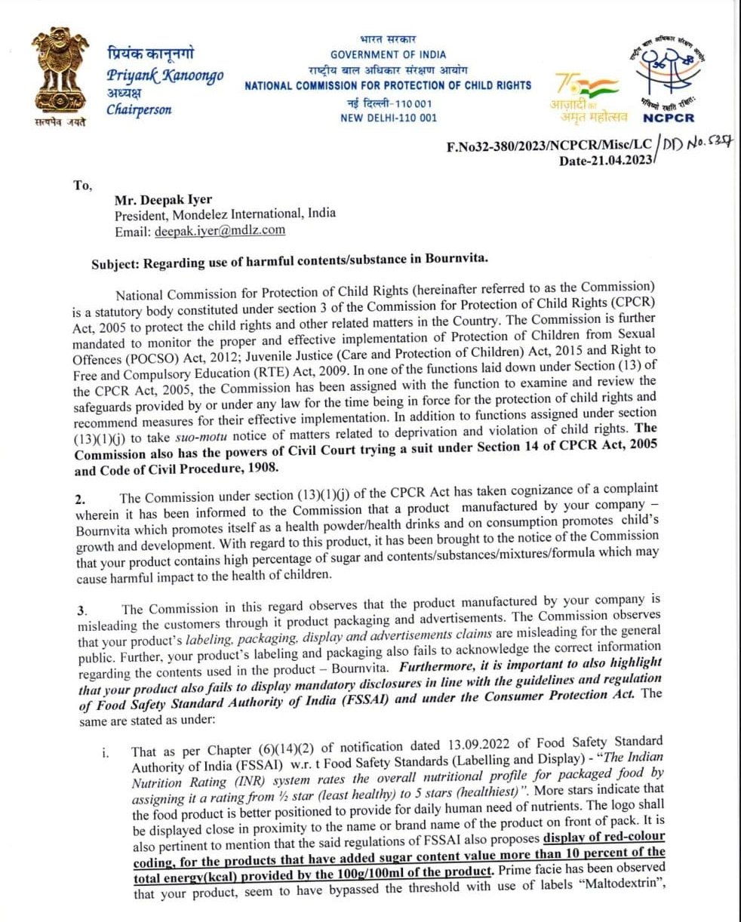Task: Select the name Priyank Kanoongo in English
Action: click(x=164, y=76)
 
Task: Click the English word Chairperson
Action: click(x=139, y=109)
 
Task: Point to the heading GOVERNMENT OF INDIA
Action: click(x=388, y=54)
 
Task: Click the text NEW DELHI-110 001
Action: click(x=388, y=118)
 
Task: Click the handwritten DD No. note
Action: click(x=697, y=143)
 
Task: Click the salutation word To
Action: click(x=82, y=185)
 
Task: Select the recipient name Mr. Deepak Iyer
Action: click(x=163, y=200)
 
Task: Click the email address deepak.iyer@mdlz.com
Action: click(x=220, y=232)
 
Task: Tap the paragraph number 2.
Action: click(x=79, y=499)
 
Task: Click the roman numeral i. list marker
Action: click(x=104, y=752)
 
